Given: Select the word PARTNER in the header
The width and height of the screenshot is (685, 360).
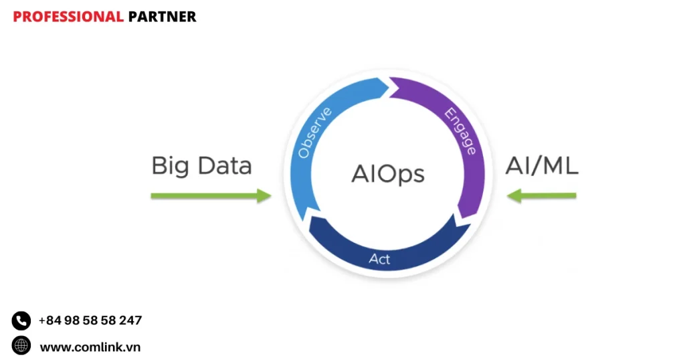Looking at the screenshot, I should pos(162,17).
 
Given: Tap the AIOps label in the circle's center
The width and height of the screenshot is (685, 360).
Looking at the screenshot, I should pos(388,174).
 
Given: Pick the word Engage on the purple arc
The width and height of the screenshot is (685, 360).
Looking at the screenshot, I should pos(461,131).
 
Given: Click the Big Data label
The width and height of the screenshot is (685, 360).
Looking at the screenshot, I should pos(201,166).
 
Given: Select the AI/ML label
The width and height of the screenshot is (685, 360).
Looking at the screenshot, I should pos(541,165).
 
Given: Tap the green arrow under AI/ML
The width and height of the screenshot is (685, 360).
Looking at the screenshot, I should pos(542,196).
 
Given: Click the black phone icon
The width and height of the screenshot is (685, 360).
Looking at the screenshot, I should pos(21,321).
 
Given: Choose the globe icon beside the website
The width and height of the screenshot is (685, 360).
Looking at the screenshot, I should pos(21,346).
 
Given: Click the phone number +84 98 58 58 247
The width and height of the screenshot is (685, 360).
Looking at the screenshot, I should pos(90,321).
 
